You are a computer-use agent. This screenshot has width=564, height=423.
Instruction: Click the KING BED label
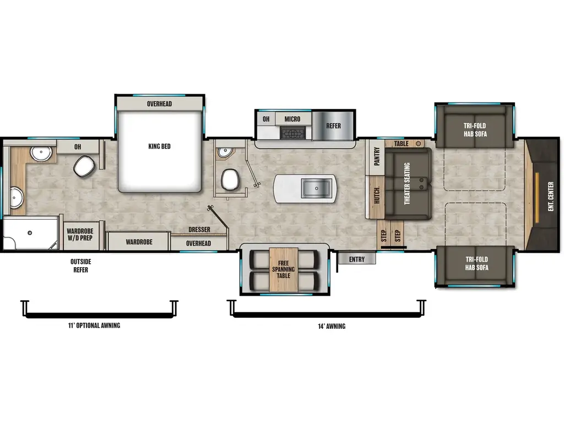click(x=159, y=147)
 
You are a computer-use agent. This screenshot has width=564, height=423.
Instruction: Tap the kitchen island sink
click(x=317, y=188)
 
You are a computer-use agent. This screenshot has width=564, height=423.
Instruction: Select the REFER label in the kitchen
click(x=333, y=126)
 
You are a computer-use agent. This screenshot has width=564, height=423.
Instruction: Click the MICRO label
click(x=292, y=119)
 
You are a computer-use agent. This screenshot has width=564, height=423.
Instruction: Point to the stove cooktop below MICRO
click(x=292, y=132)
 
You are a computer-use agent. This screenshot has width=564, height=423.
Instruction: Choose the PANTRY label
click(x=377, y=156)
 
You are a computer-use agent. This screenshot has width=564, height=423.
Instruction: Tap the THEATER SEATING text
click(x=408, y=183)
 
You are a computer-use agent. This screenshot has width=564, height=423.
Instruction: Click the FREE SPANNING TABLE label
click(x=283, y=269)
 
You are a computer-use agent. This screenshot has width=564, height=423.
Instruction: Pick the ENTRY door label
click(x=356, y=259)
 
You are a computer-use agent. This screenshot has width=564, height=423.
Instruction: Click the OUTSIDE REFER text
click(x=80, y=265)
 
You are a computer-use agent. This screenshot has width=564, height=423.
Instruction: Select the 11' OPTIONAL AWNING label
click(x=90, y=326)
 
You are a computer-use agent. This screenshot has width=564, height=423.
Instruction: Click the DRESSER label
click(x=199, y=230)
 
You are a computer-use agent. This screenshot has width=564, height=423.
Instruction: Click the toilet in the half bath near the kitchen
click(x=230, y=179)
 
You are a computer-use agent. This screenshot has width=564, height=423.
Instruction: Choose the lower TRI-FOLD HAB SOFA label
click(x=476, y=263)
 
